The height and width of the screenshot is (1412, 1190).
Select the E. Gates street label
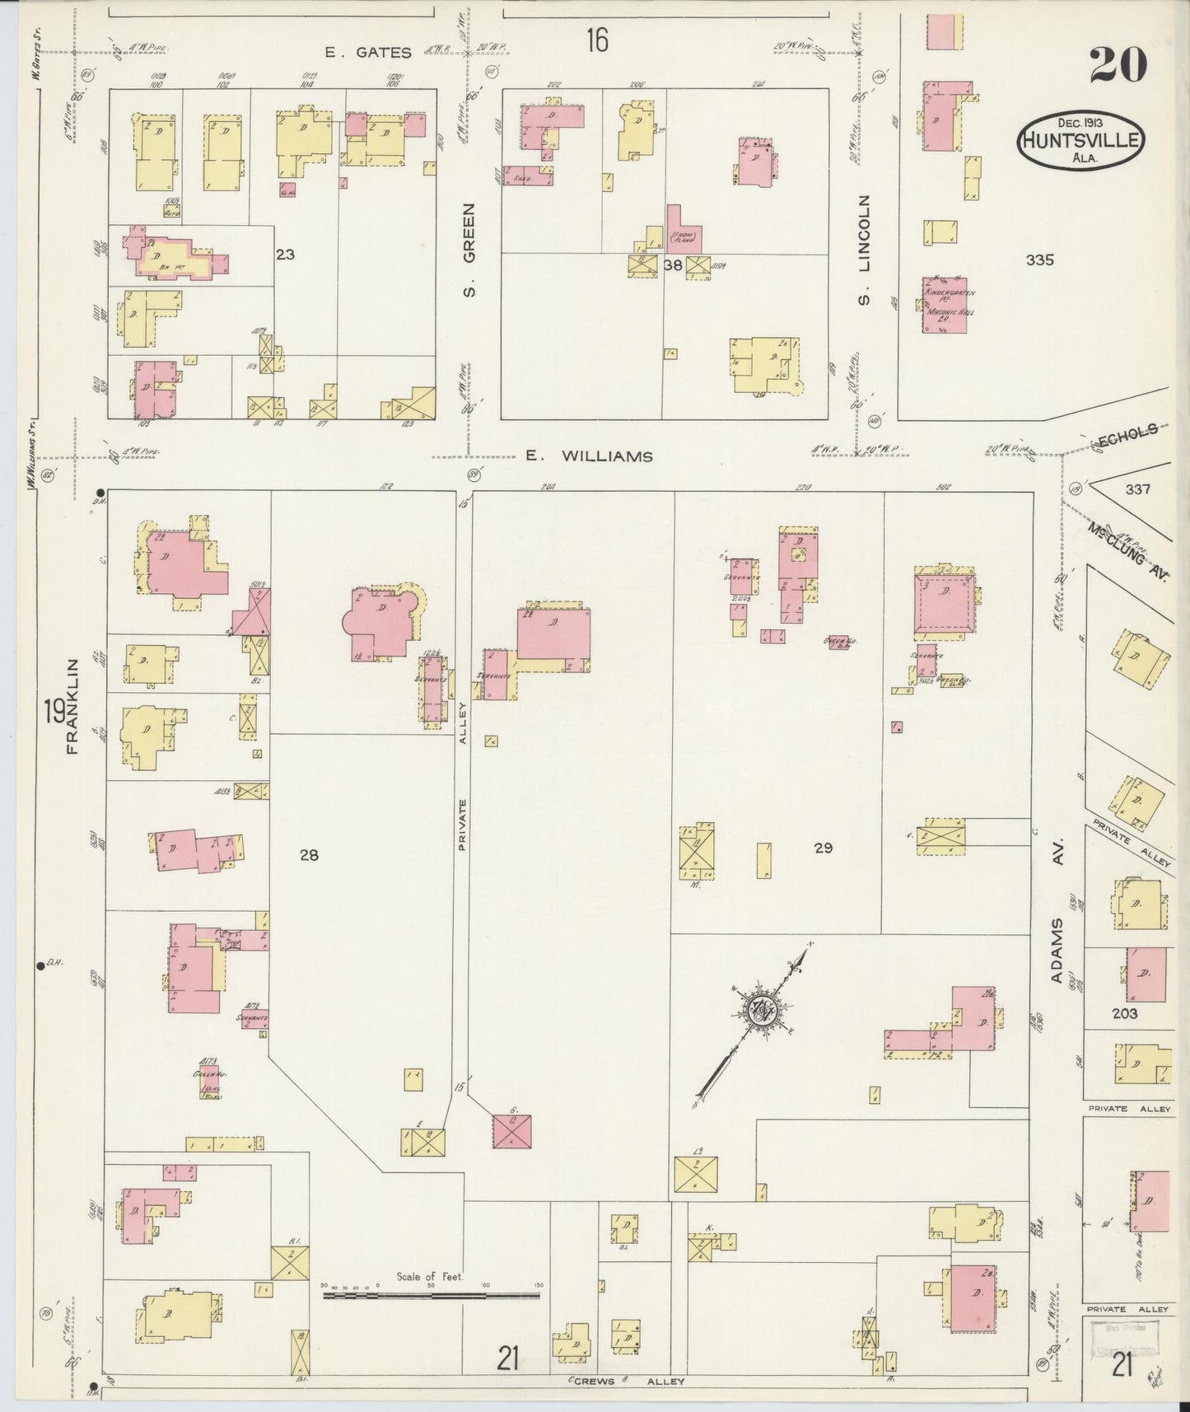(367, 53)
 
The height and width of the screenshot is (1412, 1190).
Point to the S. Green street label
(470, 250)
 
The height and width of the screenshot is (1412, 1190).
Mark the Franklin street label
(74, 707)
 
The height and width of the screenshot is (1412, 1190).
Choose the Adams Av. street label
(1059, 952)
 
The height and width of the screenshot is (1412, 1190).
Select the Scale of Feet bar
(431, 1295)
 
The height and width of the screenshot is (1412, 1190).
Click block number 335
(1040, 260)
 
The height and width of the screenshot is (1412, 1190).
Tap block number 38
(673, 265)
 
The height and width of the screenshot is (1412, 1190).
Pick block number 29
(823, 847)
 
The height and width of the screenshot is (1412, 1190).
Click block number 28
(309, 855)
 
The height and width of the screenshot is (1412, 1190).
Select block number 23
(285, 255)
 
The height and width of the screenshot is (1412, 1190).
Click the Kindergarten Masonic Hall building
(944, 304)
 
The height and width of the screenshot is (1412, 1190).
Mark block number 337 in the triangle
(1137, 489)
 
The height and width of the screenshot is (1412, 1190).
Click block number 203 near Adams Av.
(1124, 1013)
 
